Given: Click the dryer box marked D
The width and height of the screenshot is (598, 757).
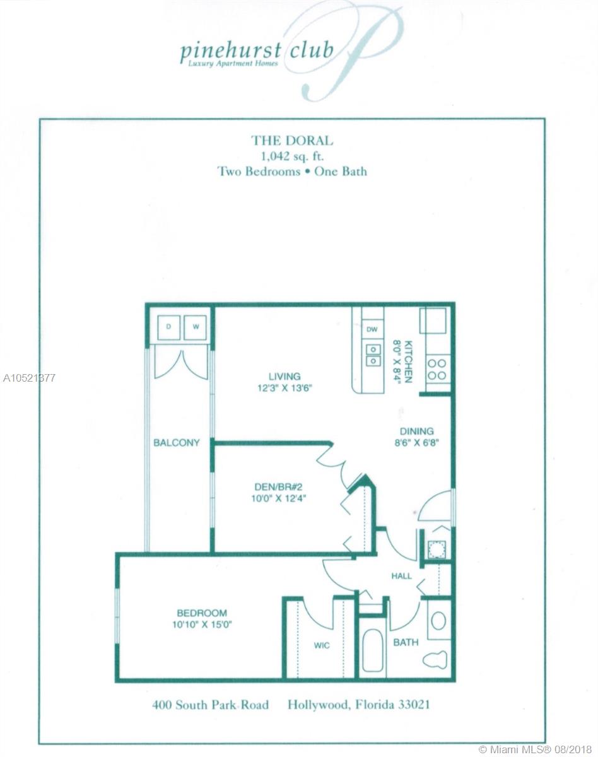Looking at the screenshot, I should point(168,327).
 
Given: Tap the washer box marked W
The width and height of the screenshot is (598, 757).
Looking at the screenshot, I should point(196,327).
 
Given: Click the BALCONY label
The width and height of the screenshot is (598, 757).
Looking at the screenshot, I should point(177,443).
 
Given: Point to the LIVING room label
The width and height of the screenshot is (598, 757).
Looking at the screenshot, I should point(283,377).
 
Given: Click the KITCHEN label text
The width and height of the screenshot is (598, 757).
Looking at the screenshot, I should point(408,361).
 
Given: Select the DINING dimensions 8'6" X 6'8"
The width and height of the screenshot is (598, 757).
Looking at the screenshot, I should point(413,443).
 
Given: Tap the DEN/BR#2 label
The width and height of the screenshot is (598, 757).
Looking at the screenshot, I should point(276,486).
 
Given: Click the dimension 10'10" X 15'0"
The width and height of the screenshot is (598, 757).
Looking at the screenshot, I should point(201,625).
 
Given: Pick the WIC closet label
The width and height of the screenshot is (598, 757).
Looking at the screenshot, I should point(322,645).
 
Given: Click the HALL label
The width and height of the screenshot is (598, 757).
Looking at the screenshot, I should point(401,575).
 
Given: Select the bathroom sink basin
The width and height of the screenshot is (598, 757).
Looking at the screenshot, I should point(438,620).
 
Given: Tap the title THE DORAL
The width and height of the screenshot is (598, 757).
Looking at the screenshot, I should point(292,141).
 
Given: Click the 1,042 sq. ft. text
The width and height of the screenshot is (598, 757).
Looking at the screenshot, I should point(292,156).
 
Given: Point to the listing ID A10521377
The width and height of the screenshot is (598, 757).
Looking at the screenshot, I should point(28,378).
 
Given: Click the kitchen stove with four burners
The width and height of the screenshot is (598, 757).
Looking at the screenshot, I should point(437,370).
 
